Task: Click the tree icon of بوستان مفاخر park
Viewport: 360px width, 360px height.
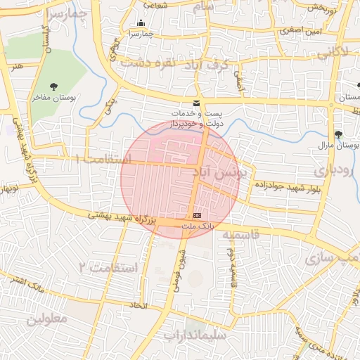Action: pyautogui.click(x=51, y=87)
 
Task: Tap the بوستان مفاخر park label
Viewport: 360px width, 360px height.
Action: pyautogui.click(x=51, y=98)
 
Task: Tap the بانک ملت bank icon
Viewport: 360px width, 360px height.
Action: pyautogui.click(x=197, y=215)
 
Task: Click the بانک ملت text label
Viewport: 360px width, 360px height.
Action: pyautogui.click(x=196, y=226)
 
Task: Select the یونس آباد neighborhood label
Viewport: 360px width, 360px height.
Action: pyautogui.click(x=216, y=173)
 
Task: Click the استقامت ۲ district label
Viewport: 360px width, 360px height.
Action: pyautogui.click(x=103, y=268)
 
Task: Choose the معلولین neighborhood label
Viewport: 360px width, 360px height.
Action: pyautogui.click(x=47, y=319)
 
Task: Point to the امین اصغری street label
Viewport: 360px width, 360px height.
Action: pyautogui.click(x=300, y=30)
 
